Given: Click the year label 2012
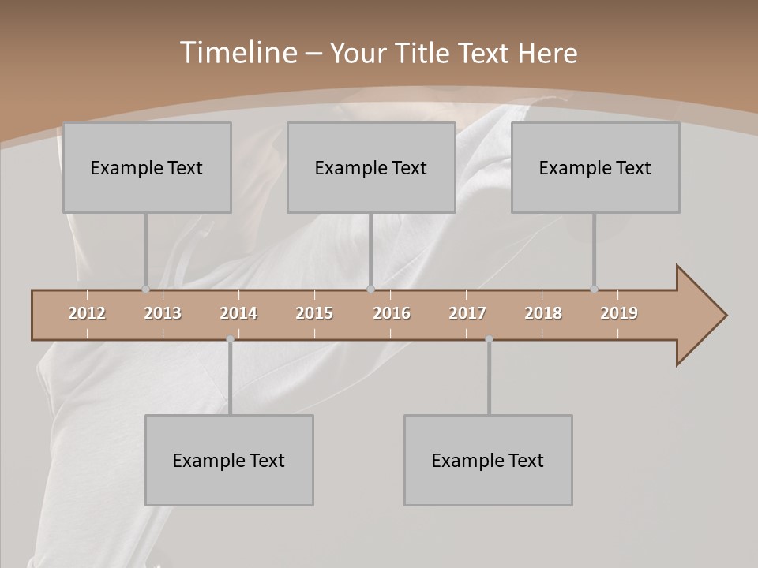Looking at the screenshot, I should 87,313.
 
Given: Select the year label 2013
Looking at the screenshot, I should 163,313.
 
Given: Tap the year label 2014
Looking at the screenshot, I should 238,313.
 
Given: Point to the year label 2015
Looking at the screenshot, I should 314,313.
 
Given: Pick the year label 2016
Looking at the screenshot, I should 392,313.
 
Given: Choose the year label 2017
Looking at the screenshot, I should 467,313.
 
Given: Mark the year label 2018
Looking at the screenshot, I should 543,313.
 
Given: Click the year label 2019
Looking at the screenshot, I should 619,313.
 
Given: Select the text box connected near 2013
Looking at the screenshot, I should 147,167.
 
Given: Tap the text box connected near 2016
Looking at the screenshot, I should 371,167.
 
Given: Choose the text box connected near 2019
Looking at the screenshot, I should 595,167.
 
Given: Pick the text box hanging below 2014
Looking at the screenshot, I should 229,460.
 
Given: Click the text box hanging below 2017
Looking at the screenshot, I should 488,460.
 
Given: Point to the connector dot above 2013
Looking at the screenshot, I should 145,289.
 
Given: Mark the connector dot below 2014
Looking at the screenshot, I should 230,339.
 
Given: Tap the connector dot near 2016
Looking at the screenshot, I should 370,289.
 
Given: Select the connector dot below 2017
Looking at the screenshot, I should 489,339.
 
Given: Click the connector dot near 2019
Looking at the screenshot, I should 594,289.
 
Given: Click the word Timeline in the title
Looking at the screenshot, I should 238,52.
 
